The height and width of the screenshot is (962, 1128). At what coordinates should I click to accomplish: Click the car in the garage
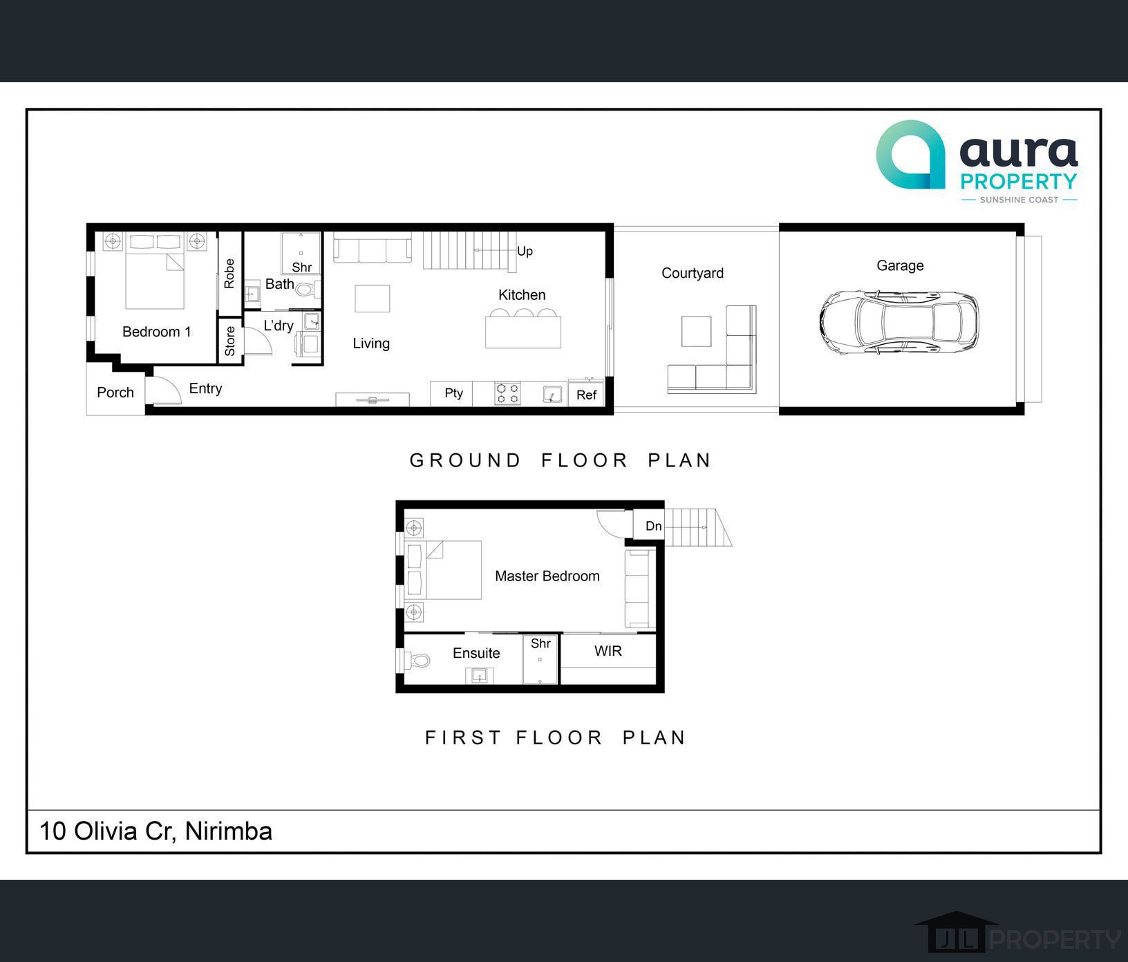(x=899, y=323)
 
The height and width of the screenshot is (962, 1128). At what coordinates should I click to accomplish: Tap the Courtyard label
(x=693, y=273)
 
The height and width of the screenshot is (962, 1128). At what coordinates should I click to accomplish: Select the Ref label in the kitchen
(x=586, y=395)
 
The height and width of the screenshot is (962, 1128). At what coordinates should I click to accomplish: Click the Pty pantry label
(x=453, y=393)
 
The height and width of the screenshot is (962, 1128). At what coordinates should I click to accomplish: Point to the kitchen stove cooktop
(x=507, y=394)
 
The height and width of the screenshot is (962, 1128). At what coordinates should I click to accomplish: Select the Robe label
(x=229, y=274)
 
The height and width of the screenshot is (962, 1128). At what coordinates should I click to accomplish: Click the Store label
(x=229, y=341)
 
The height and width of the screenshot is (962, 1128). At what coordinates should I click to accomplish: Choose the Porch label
(x=115, y=393)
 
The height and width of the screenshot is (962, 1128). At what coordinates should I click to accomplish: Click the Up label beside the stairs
(x=525, y=252)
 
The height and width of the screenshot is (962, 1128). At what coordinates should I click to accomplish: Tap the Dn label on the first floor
(x=654, y=526)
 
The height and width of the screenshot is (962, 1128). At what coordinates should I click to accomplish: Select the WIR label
(x=608, y=651)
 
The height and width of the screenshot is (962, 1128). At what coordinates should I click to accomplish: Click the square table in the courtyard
(x=696, y=331)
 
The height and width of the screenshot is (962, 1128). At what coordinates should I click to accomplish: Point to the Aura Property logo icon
(x=910, y=154)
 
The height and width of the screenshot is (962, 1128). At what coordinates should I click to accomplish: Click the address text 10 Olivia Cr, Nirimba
(x=156, y=831)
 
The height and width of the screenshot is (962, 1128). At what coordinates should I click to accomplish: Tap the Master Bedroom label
(x=547, y=576)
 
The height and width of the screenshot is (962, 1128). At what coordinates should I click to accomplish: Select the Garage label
(x=900, y=266)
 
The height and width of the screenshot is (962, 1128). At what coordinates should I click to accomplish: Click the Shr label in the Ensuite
(x=540, y=643)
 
